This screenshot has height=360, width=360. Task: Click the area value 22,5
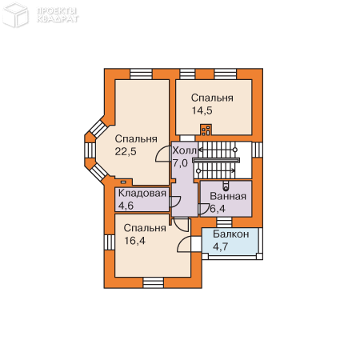(x=126, y=152)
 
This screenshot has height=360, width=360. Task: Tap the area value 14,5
(x=202, y=110)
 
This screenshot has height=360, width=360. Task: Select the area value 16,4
(x=135, y=241)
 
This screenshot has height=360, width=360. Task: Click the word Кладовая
(x=142, y=193)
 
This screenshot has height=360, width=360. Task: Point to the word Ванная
(x=228, y=196)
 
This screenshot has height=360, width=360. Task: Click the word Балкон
(x=231, y=234)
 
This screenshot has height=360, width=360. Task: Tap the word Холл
(x=184, y=150)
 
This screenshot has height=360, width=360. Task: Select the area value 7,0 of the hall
(x=180, y=162)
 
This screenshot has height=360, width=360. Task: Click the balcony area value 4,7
(x=220, y=246)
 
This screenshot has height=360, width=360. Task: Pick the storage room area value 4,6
(x=126, y=206)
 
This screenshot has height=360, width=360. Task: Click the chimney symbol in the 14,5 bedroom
(x=206, y=130)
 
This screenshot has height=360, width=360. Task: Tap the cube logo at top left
(x=15, y=15)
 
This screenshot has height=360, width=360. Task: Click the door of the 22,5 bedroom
(x=163, y=154)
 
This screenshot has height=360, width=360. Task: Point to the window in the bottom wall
(x=154, y=282)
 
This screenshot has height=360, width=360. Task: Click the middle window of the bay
(x=90, y=150)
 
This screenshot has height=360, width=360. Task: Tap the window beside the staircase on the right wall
(x=258, y=150)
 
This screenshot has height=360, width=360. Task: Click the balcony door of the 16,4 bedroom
(x=184, y=244)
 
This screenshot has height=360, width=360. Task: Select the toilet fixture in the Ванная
(x=226, y=186)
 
